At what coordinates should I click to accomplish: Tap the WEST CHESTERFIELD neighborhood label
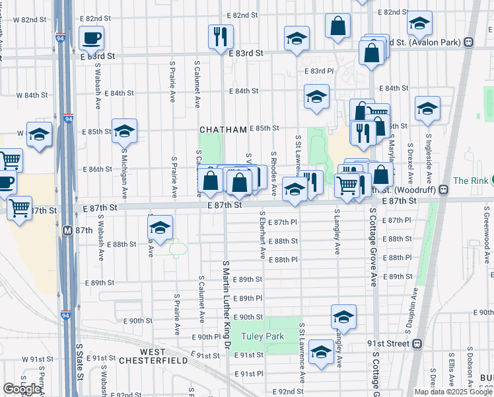153,355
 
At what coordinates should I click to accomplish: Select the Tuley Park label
262,336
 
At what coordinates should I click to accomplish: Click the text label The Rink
470,181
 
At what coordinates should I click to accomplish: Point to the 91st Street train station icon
417,344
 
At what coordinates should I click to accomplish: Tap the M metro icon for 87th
67,231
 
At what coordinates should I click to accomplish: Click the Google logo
22,389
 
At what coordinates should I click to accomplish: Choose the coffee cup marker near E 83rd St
91,38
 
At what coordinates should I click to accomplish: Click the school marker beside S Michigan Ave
124,131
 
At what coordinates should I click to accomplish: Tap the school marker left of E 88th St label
160,228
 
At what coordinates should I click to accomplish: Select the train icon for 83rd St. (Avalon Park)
468,42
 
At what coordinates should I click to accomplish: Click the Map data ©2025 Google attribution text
452,392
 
